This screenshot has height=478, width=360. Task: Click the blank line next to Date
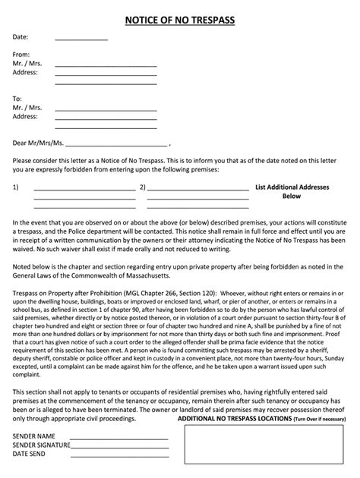point(81,39)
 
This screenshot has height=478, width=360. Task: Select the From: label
point(22,55)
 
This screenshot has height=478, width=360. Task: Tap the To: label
point(18,99)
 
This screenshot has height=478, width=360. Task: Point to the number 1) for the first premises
point(16,186)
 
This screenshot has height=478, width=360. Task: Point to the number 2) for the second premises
point(142,186)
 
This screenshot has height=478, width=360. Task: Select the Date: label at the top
point(21,36)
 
